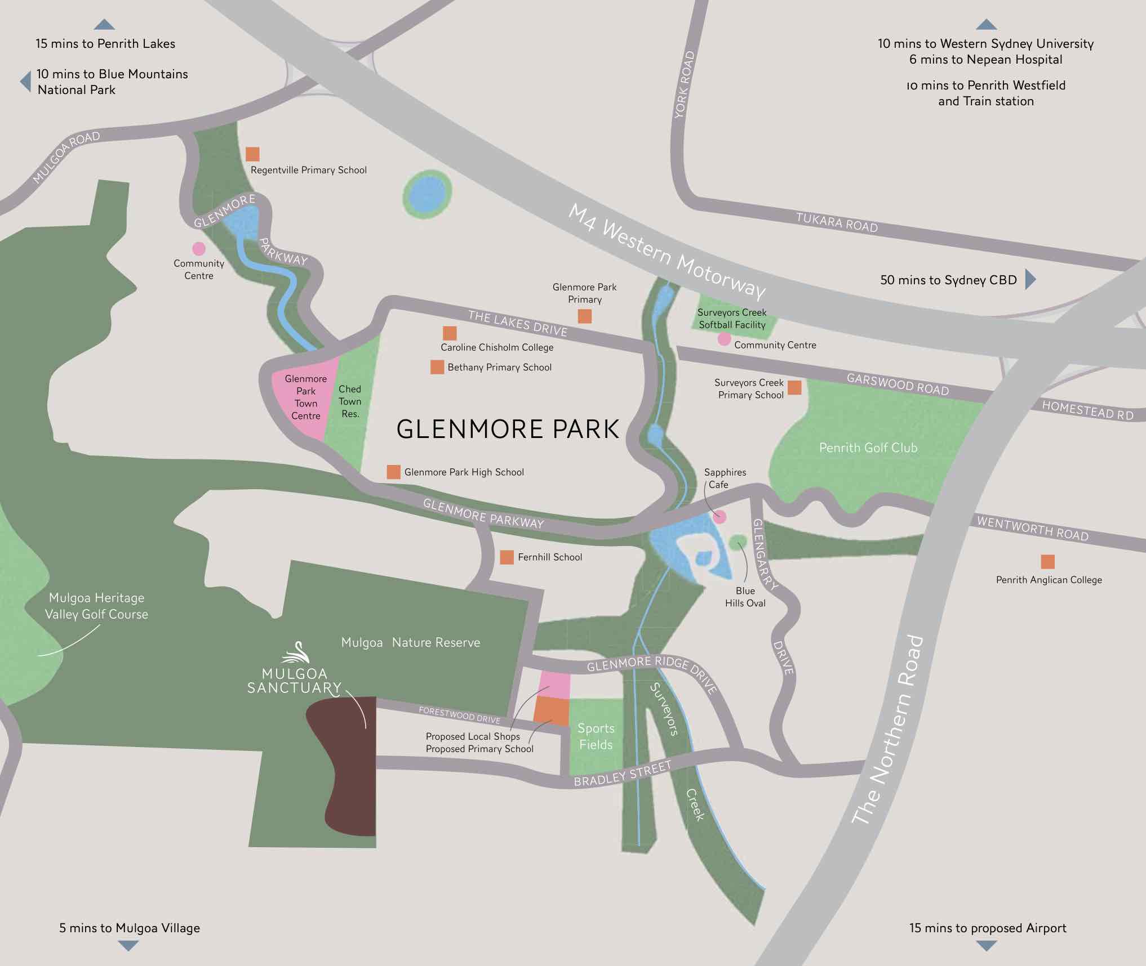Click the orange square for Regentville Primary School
pos(252,154)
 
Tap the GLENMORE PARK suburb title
pos(508,429)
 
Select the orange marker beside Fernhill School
pos(507,557)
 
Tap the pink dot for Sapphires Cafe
pos(719,517)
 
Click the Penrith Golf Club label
pos(868,448)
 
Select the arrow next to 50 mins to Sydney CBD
pos(1030,279)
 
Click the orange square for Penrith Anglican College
pos(1047,561)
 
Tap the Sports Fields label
pos(596,736)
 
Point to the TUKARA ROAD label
pos(837,222)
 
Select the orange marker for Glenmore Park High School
pos(393,472)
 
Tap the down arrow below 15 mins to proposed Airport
pos(986,946)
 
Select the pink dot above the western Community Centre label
pos(198,248)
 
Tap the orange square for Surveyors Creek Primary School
pos(794,387)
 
